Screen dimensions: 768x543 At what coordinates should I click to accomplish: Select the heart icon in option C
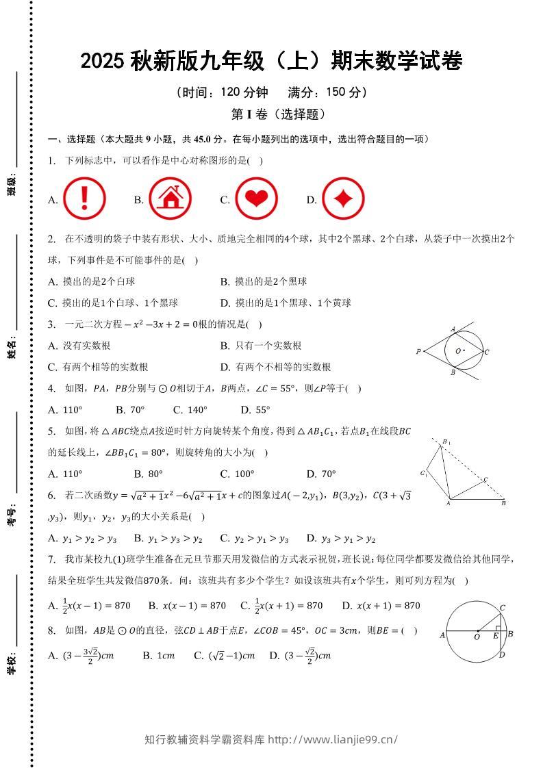(x=256, y=199)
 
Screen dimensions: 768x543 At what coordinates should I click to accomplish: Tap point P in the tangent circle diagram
(x=418, y=352)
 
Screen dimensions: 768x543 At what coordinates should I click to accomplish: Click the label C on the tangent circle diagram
(x=486, y=352)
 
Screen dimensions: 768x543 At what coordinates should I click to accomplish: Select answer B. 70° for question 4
(x=130, y=410)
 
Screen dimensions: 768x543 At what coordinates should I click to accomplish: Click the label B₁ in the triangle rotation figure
(x=446, y=442)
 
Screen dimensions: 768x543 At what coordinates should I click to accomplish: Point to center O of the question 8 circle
(x=477, y=630)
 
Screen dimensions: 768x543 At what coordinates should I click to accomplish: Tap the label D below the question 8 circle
(x=502, y=655)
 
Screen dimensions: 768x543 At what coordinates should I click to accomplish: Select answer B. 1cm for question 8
(x=158, y=656)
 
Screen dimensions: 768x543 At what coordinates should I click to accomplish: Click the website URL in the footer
(x=332, y=739)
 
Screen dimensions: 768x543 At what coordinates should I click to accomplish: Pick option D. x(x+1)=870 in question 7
(x=381, y=606)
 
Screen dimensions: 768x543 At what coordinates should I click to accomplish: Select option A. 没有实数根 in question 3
(x=79, y=346)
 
